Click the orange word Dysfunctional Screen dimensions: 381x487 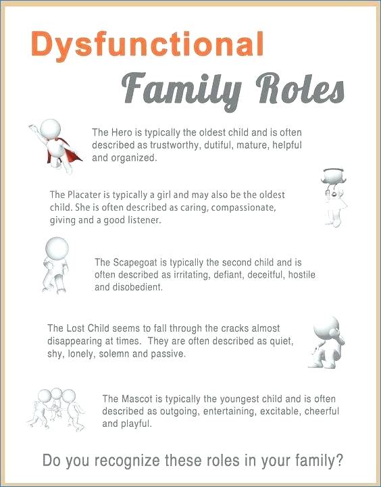coord(147,45)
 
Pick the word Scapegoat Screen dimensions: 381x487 coord(139,262)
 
